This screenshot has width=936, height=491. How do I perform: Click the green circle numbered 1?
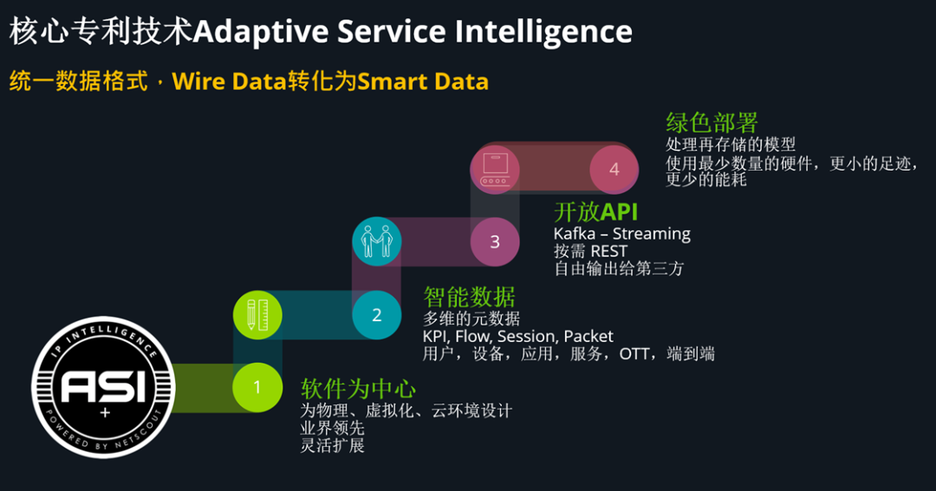click(257, 386)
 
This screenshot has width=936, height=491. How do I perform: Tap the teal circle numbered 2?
click(376, 315)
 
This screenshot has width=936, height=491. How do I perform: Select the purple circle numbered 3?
click(495, 242)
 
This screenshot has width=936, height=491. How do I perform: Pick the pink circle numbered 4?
click(614, 169)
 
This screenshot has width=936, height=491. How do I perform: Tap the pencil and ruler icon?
click(257, 315)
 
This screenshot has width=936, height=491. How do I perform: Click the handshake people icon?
click(377, 241)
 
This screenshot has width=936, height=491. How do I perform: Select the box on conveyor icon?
click(495, 168)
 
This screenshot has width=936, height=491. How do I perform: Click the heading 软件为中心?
click(358, 388)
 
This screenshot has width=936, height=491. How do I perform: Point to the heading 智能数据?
click(469, 296)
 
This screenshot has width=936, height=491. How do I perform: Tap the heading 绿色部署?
click(712, 122)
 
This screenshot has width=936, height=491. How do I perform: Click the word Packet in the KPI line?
click(588, 336)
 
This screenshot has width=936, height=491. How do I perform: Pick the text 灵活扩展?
click(332, 445)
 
